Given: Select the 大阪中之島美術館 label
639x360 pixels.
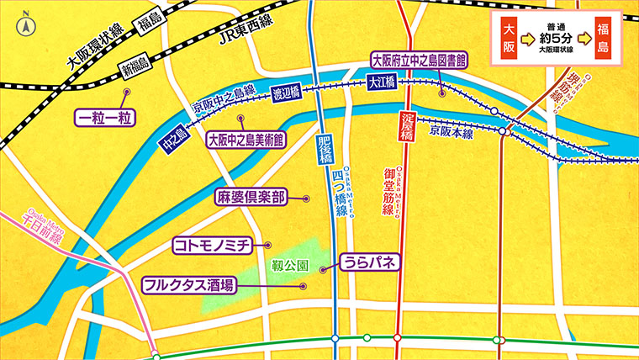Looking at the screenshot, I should point(246,138).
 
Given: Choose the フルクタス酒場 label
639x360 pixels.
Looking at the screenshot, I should point(187,284).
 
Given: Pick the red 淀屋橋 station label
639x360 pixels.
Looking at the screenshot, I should point(407,124).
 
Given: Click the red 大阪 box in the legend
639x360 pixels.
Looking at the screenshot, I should point(507,39).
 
